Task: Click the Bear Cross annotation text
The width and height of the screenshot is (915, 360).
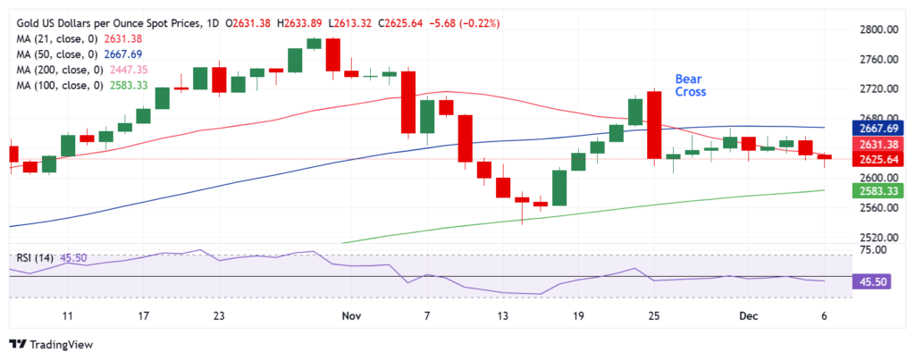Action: point(689,85)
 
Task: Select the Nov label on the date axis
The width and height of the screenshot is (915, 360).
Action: point(350,315)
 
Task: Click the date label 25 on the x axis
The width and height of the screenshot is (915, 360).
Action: point(654,315)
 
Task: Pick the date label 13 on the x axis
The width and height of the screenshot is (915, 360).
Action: point(503,315)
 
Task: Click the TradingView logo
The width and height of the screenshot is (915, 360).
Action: point(53,344)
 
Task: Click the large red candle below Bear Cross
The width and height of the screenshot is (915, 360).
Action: point(653,126)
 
